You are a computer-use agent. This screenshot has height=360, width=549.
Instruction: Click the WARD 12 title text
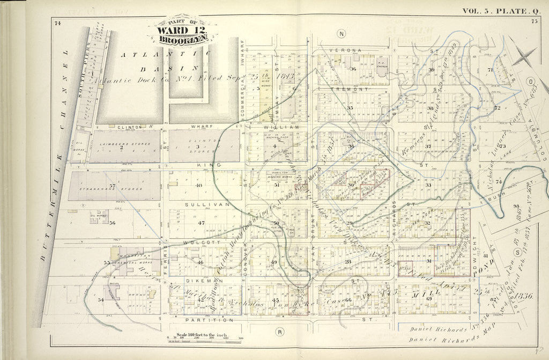pyautogui.click(x=182, y=30)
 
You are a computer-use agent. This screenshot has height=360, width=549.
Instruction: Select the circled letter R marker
pyautogui.click(x=279, y=331)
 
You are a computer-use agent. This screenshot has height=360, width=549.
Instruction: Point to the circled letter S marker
pyautogui.click(x=517, y=251)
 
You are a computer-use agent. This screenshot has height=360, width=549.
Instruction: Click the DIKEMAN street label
pyautogui.click(x=199, y=280)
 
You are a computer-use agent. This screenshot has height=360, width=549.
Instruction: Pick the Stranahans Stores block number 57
pyautogui.click(x=112, y=186)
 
